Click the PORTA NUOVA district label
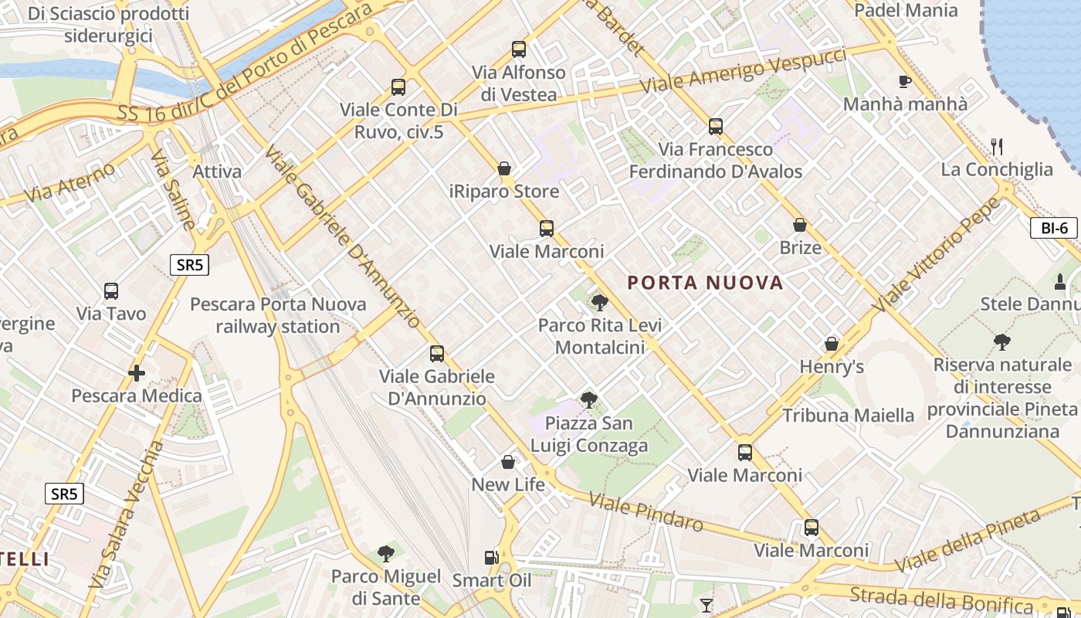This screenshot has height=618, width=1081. coord(705,283)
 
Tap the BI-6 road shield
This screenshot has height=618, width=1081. coord(1054,228)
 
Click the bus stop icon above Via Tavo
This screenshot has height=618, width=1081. coord(111,291)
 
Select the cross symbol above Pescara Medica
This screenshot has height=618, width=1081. coord(137,373)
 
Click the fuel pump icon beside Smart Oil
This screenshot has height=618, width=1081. coord(491,557)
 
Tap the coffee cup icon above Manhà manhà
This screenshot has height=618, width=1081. coord(905,81)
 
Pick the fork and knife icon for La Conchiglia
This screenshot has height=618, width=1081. coord(997,146)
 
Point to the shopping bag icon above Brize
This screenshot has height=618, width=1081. coord(800,225)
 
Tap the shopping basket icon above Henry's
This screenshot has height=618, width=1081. coord(832,344)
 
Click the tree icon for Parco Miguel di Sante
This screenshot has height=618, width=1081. coord(385,553)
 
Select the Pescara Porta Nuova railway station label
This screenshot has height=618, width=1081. coord(278,315)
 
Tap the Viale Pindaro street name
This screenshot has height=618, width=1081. coord(646,512)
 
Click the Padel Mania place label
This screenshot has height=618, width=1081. coord(906,11)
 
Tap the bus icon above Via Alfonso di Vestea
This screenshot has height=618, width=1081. coord(519,49)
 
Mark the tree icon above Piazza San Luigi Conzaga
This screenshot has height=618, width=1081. coord(588,399)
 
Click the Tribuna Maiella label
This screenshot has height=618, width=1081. coord(848,416)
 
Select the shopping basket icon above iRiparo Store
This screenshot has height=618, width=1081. coord(504,168)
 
